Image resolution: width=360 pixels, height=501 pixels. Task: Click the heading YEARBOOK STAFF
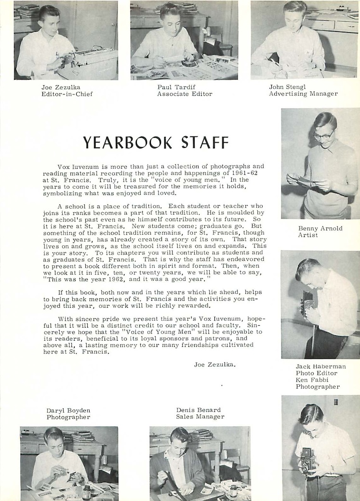(x=156, y=143)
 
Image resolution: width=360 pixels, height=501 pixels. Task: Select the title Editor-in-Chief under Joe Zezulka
(x=67, y=94)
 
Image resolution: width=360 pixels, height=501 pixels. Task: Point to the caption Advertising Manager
(x=303, y=94)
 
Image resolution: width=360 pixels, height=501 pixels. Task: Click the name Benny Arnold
(x=320, y=228)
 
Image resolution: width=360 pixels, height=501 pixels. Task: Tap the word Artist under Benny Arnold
(x=308, y=235)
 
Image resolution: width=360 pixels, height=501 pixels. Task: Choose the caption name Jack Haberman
(x=320, y=367)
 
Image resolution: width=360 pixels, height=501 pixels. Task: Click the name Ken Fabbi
(x=311, y=380)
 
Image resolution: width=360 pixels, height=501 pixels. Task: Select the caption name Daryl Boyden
(x=68, y=410)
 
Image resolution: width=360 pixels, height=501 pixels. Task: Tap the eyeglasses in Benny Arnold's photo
(x=324, y=135)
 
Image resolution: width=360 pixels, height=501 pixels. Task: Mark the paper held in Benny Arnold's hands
(x=305, y=180)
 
